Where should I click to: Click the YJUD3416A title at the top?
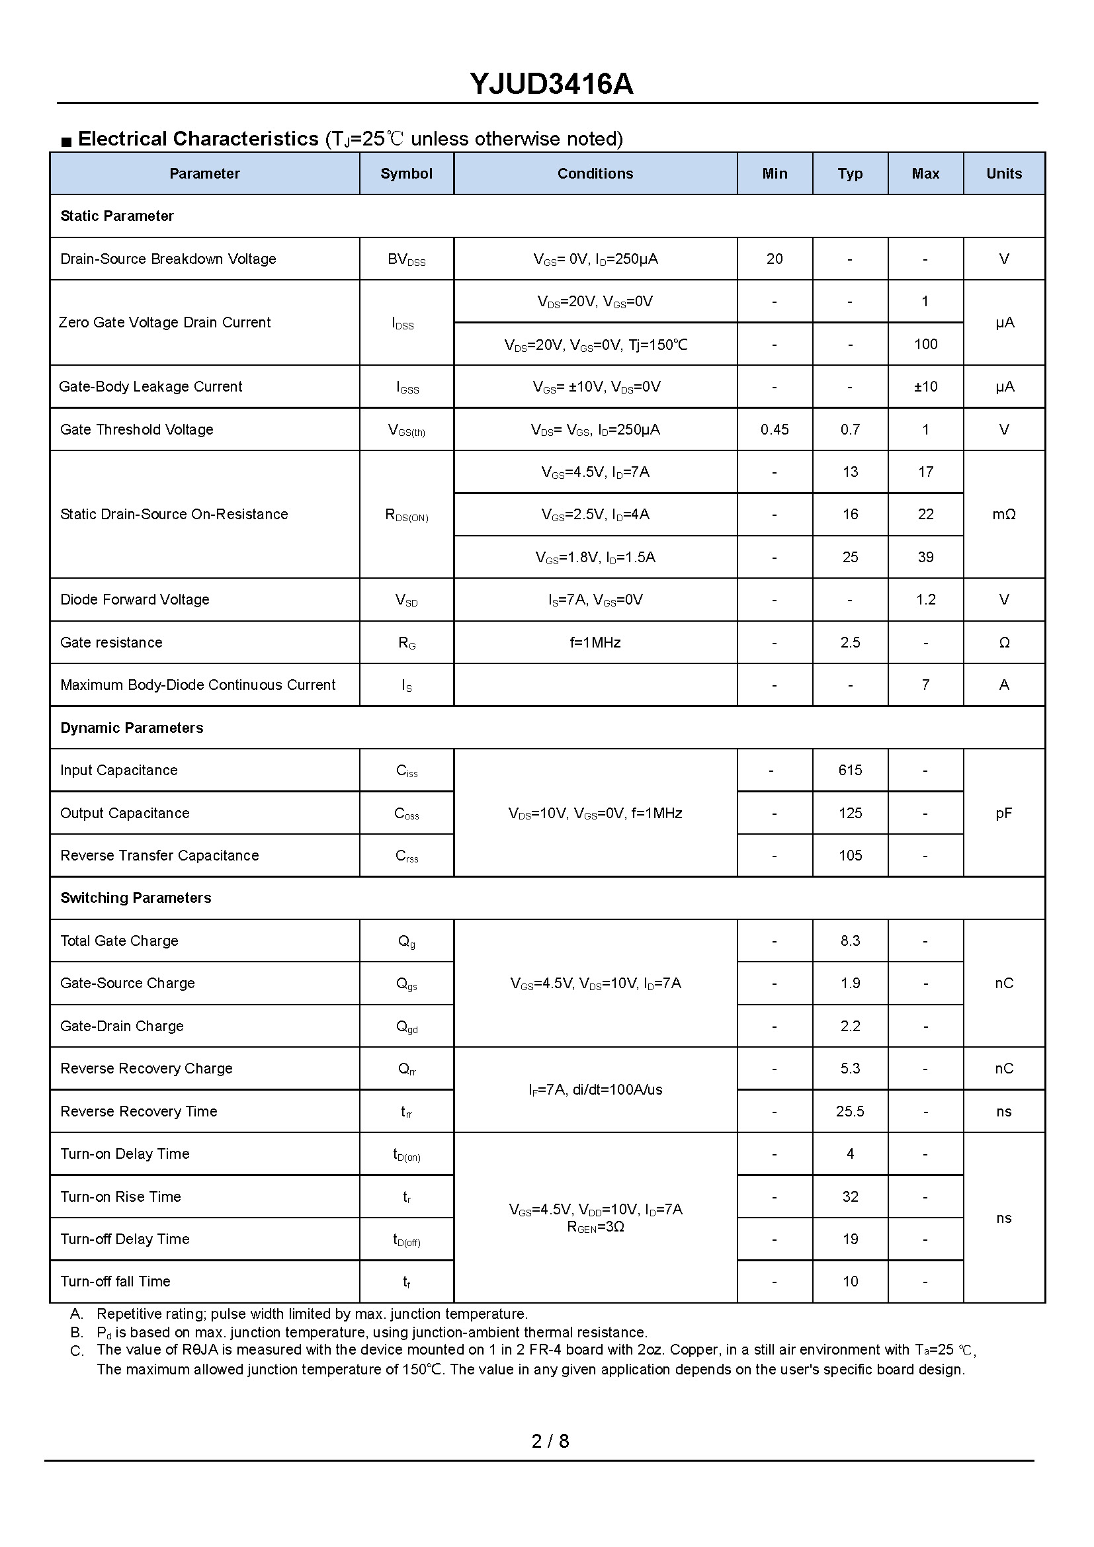click(x=551, y=84)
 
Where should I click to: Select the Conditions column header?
click(x=595, y=174)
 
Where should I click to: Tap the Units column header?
click(x=1004, y=174)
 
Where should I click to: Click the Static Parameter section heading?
click(x=117, y=216)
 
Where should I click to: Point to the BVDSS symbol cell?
click(x=406, y=259)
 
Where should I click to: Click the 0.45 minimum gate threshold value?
click(x=775, y=430)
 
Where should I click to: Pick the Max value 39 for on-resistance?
click(x=925, y=557)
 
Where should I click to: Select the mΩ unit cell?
click(x=1004, y=515)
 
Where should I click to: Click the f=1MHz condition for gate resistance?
click(x=595, y=643)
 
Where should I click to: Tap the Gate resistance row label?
click(x=111, y=643)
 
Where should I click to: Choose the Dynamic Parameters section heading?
click(x=132, y=728)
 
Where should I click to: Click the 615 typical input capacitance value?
click(x=850, y=770)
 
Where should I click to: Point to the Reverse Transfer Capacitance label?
click(x=159, y=856)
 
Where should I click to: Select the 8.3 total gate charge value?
click(x=850, y=941)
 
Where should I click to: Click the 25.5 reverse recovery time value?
click(x=850, y=1112)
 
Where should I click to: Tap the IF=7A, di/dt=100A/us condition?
click(x=595, y=1089)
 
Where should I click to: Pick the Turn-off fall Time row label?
click(x=115, y=1282)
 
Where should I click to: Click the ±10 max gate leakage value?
click(x=925, y=387)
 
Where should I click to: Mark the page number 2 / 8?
click(x=550, y=1441)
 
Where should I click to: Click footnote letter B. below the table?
click(x=77, y=1333)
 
